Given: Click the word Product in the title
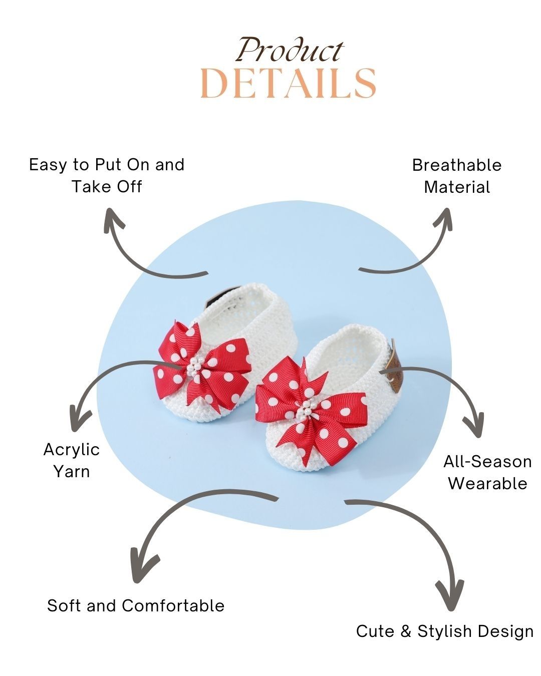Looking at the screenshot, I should (x=290, y=51).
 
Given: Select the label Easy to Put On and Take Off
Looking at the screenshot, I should (x=107, y=175).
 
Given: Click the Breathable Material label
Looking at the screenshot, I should (x=457, y=176).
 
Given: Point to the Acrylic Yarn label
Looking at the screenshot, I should (x=72, y=460).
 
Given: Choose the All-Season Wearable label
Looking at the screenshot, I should (x=487, y=472).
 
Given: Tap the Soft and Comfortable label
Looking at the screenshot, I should (x=136, y=605).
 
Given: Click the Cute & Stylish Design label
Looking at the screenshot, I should (x=445, y=631).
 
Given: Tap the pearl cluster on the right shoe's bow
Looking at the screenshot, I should (x=304, y=410).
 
